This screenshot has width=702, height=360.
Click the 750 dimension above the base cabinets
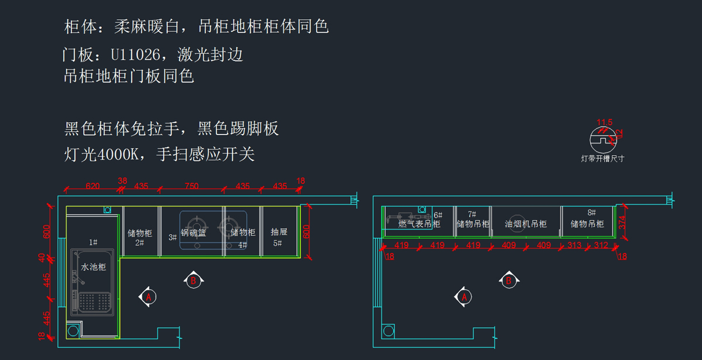[x=191, y=186]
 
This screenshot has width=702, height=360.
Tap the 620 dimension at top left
[x=93, y=186]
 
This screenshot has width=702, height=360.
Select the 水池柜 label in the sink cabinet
[x=94, y=267]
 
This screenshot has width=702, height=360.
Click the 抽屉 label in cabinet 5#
[x=279, y=232]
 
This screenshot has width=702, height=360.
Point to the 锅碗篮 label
[x=194, y=232]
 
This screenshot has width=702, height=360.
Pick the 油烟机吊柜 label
[x=526, y=224]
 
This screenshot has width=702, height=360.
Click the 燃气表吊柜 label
[x=419, y=224]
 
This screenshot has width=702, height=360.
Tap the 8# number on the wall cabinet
[x=591, y=212]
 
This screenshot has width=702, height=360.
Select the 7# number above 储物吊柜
[x=472, y=214]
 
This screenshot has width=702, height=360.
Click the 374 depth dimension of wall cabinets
[x=622, y=222]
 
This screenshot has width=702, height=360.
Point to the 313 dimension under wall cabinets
[x=574, y=245]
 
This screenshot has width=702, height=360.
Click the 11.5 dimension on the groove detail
[x=604, y=122]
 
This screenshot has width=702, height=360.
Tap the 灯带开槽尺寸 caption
[x=603, y=159]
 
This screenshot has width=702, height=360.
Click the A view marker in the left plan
[x=149, y=297]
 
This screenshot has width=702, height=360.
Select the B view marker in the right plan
[x=508, y=280]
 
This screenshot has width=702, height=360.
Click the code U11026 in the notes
[x=135, y=54]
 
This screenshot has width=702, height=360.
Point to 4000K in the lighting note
[x=118, y=155]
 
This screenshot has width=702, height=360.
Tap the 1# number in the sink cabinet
[x=93, y=242]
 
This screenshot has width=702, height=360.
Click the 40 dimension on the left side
[x=42, y=258]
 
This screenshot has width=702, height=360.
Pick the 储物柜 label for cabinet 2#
[x=140, y=233]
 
